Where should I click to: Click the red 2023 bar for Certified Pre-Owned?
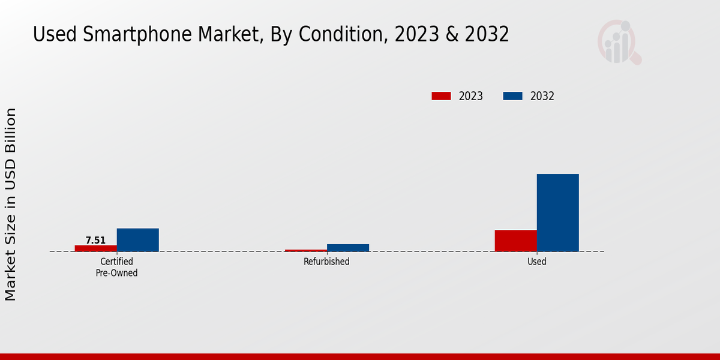96,248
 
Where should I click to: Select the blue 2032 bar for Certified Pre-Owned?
138,240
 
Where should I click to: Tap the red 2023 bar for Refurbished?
306,250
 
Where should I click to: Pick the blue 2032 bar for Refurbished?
348,248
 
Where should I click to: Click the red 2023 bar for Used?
516,241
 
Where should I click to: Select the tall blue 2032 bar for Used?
558,213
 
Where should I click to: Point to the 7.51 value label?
95,240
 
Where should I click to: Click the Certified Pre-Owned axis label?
116,267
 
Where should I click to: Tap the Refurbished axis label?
326,262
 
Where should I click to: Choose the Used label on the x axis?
536,262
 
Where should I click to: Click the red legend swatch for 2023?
441,96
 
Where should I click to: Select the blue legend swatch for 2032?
512,96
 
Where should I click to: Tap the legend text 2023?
471,96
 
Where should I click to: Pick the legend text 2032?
542,96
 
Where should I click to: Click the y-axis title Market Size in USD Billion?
11,204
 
